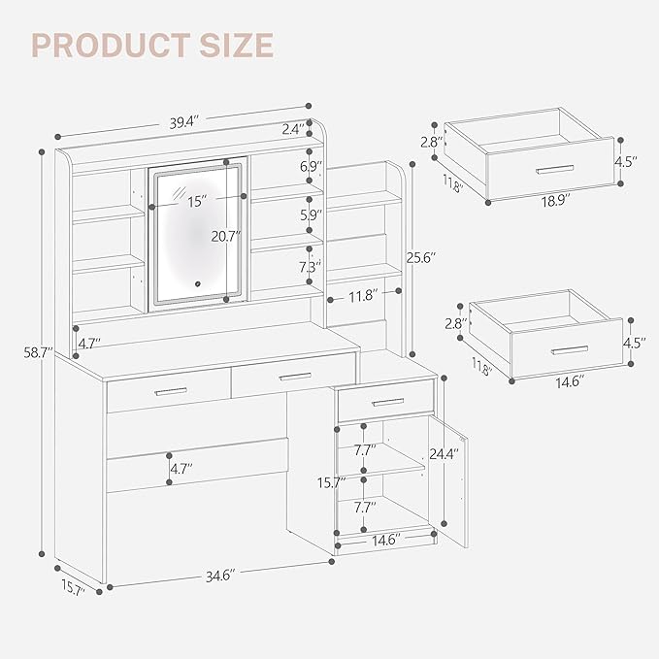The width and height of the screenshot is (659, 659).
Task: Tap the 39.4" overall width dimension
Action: tap(183, 122)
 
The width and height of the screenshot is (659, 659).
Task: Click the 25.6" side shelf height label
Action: tap(420, 258)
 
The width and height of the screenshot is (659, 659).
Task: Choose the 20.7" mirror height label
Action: tap(225, 236)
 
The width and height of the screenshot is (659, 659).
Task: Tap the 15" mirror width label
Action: tap(197, 202)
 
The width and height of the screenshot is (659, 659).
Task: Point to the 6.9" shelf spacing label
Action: tap(311, 167)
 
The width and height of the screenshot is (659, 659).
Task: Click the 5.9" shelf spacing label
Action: tap(311, 215)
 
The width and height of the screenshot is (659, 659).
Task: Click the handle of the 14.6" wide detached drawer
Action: tap(570, 348)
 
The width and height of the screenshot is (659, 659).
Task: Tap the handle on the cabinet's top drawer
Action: tap(387, 402)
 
